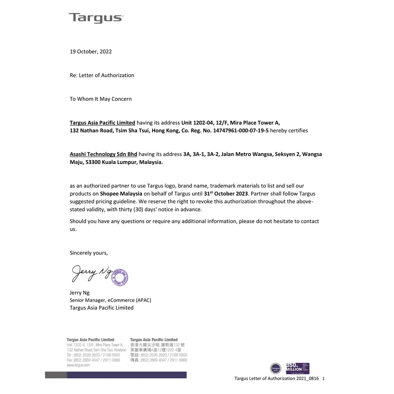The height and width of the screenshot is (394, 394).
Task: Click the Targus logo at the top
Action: [96, 18]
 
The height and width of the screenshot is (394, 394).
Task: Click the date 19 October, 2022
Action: [91, 52]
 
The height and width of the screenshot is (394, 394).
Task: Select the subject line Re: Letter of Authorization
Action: [102, 75]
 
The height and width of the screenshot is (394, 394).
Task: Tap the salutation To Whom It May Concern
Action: [100, 99]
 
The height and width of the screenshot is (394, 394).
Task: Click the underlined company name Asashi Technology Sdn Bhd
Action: [103, 154]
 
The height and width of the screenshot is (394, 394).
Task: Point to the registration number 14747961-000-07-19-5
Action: [241, 130]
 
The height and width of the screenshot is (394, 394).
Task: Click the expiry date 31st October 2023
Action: [226, 193]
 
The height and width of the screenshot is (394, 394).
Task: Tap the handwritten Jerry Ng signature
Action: [90, 273]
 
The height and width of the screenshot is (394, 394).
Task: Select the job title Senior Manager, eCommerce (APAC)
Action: [113, 300]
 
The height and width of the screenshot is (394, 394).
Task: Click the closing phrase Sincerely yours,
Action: [89, 253]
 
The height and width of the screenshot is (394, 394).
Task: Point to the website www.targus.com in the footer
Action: [78, 365]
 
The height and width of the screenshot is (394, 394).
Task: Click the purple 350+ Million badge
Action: [297, 368]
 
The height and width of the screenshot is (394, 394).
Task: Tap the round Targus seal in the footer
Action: [275, 369]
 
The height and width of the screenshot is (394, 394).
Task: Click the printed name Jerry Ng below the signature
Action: [79, 293]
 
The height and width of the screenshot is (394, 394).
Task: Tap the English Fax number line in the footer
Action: [93, 360]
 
